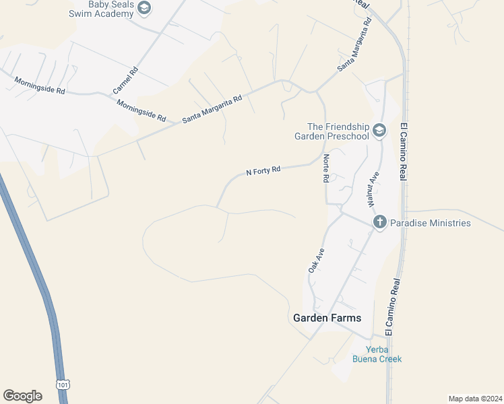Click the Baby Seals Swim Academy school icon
[144, 8]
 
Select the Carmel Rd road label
[125, 79]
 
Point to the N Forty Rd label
[263, 171]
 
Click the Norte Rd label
[325, 168]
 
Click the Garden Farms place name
[327, 318]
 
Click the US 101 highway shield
[63, 384]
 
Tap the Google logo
[22, 396]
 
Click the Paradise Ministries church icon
[379, 222]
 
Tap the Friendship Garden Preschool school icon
[379, 130]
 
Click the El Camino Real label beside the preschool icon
[404, 151]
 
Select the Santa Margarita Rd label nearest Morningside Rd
[212, 109]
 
